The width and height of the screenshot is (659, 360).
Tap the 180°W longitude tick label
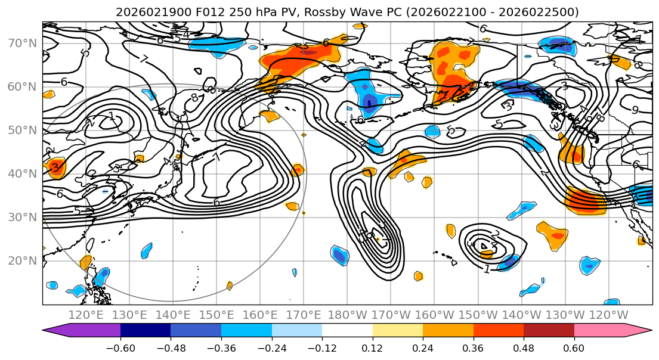click(347, 315)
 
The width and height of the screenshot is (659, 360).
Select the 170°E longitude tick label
click(304, 315)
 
